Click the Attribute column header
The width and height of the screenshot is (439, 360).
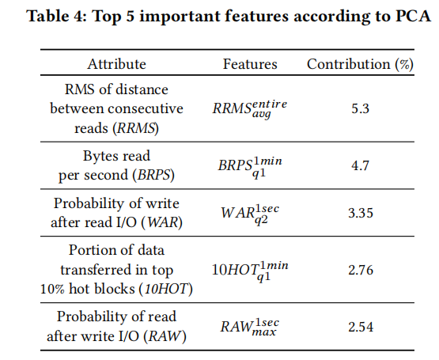point(116,64)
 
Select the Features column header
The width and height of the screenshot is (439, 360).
point(250,64)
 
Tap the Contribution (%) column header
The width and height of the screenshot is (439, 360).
point(360,64)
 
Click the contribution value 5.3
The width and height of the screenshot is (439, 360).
point(361,108)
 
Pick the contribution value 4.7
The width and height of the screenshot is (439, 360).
point(361,165)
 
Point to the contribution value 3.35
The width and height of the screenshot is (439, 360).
point(361,213)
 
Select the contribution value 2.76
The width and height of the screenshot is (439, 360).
point(361,270)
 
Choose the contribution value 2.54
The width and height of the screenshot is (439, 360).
point(361,327)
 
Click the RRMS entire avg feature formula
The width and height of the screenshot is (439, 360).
point(250,108)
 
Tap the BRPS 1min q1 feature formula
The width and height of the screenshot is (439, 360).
point(250,166)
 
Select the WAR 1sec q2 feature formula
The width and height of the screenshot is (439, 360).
point(250,214)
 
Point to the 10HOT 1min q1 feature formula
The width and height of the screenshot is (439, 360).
point(250,271)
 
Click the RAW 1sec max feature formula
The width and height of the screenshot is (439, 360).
point(250,327)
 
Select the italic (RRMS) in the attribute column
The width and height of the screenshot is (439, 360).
point(136,129)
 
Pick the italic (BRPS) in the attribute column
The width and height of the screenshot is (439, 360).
point(153,176)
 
